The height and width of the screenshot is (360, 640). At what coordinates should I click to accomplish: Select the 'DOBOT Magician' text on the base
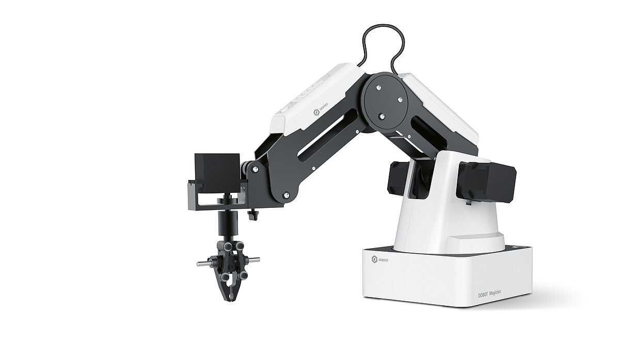point(489,294)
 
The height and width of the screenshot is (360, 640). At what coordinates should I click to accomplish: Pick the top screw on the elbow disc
point(378,88)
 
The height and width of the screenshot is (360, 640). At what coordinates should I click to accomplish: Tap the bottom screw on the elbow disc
point(381,116)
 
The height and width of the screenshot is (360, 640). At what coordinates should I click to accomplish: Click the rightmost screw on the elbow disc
point(400,100)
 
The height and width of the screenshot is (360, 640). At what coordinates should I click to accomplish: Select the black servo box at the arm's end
point(217,173)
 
